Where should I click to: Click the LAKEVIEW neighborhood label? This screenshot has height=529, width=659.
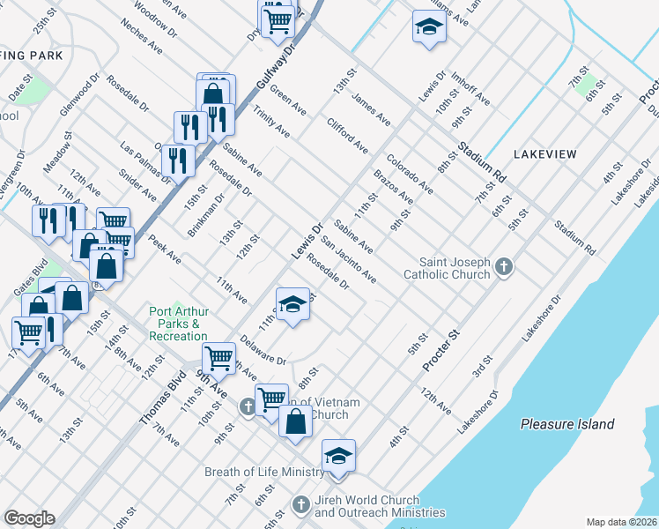pyautogui.click(x=544, y=154)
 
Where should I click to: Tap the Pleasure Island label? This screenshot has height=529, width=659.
pyautogui.click(x=566, y=424)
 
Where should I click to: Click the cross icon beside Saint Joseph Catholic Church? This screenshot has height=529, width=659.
pyautogui.click(x=503, y=265)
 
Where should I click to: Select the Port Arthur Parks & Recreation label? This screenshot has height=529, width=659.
pyautogui.click(x=179, y=324)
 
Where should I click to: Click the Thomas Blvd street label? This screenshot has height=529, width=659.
pyautogui.click(x=162, y=399)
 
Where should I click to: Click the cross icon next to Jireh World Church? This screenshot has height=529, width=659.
pyautogui.click(x=300, y=505)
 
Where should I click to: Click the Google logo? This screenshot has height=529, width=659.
pyautogui.click(x=30, y=518)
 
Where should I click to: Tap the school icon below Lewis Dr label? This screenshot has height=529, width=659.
pyautogui.click(x=293, y=304)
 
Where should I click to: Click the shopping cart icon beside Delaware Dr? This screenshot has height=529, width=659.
pyautogui.click(x=218, y=358)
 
